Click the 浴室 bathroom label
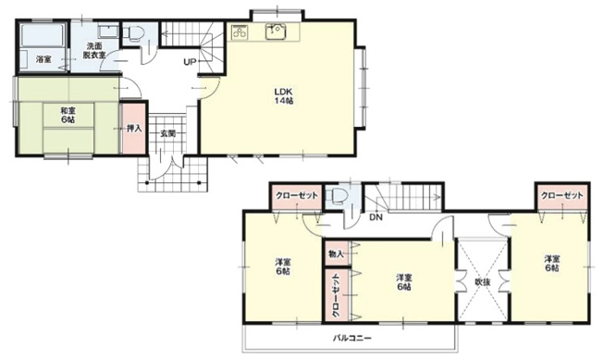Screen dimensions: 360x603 (x=43, y=59)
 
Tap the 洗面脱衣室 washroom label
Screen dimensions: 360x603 (x=95, y=50)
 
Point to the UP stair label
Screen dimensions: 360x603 (x=189, y=62)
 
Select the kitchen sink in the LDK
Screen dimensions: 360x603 (x=276, y=33)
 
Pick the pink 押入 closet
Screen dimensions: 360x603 (x=133, y=128)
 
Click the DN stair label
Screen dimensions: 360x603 (x=375, y=218)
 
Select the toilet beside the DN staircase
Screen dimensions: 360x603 (x=340, y=197)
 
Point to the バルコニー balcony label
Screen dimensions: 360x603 (x=353, y=339)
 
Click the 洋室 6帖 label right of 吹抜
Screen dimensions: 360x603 (x=552, y=264)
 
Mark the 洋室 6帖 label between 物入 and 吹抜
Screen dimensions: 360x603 (x=402, y=281)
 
